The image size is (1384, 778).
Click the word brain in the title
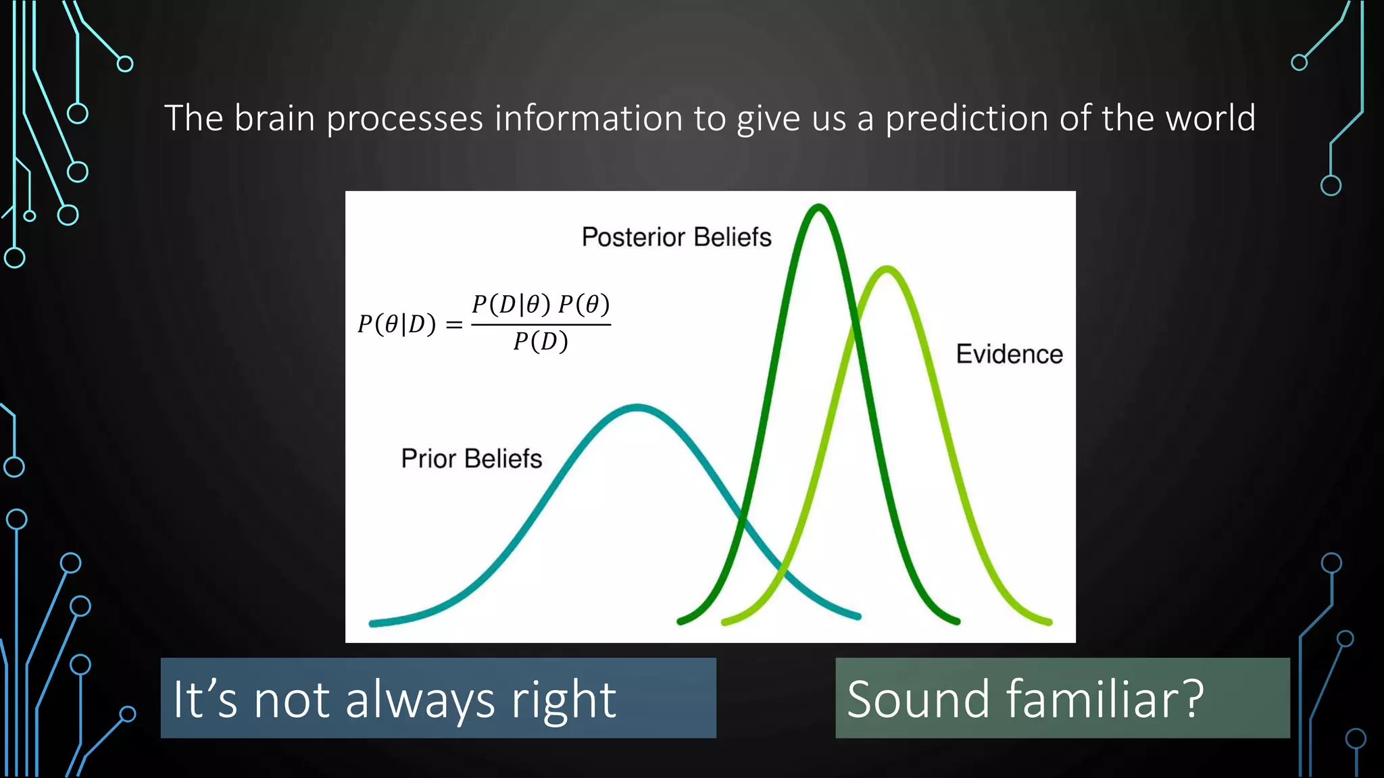[x=275, y=118]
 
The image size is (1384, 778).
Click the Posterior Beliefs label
[x=676, y=237]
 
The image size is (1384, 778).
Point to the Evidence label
[x=1009, y=354]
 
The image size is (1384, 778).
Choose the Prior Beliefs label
[x=471, y=459]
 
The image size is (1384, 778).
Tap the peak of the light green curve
[x=887, y=269]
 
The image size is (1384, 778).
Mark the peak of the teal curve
[x=637, y=407]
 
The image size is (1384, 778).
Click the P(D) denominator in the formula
[x=541, y=342]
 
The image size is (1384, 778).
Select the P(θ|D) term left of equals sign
[x=397, y=325]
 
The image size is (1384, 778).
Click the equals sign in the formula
[x=455, y=326]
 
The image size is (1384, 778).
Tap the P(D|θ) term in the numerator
[x=511, y=305]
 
